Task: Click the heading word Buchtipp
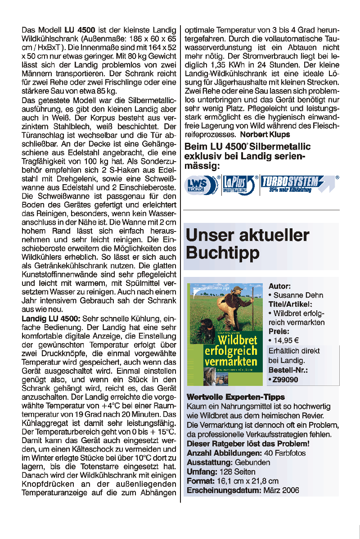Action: (223, 253)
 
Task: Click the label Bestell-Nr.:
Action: (288, 370)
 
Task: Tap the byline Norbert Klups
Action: (265, 134)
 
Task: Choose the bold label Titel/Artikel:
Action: (290, 304)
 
